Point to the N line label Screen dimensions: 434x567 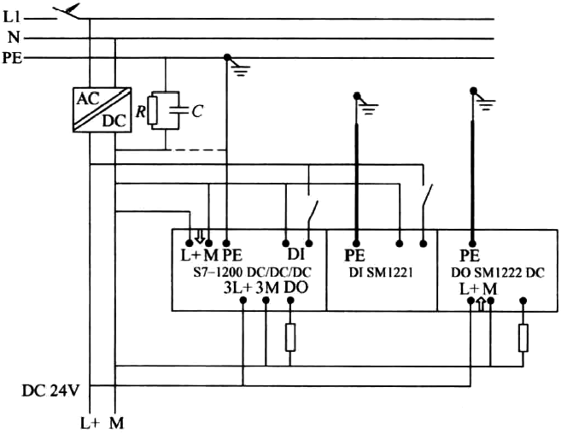click(13, 38)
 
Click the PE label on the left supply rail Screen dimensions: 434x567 click(13, 58)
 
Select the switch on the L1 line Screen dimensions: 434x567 click(69, 11)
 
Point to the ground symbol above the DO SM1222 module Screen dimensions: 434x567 click(484, 102)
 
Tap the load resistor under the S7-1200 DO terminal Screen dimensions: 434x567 click(290, 337)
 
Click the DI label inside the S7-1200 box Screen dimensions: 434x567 click(295, 255)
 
